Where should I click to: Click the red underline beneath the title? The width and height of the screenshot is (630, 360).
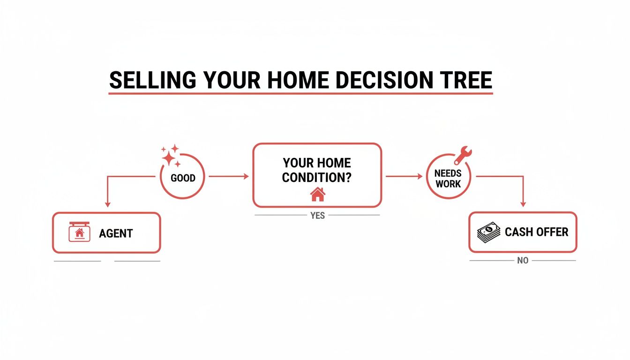pos(300,93)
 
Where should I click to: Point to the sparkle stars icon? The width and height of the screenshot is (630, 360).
pos(171,156)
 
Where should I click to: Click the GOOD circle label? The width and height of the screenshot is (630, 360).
pos(183,178)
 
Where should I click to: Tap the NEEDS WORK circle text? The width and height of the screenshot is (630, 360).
pos(448,179)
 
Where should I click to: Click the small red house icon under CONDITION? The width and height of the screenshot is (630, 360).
pos(317,194)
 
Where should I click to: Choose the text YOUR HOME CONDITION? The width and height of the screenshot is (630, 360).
pos(317,171)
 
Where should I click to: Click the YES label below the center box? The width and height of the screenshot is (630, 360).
pos(317,216)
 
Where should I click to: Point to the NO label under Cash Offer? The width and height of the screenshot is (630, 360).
pos(523,261)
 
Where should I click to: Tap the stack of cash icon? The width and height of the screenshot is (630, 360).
pos(488,232)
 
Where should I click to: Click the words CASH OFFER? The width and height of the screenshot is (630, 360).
pos(536,232)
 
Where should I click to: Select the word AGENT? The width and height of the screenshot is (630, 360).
pos(116,233)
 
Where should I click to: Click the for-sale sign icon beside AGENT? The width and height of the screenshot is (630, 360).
pos(79,232)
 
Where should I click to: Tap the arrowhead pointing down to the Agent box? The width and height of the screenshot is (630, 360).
pos(107,204)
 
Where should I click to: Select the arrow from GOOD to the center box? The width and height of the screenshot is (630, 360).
pos(228,176)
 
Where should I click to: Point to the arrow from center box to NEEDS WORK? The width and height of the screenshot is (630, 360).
pos(404,176)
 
